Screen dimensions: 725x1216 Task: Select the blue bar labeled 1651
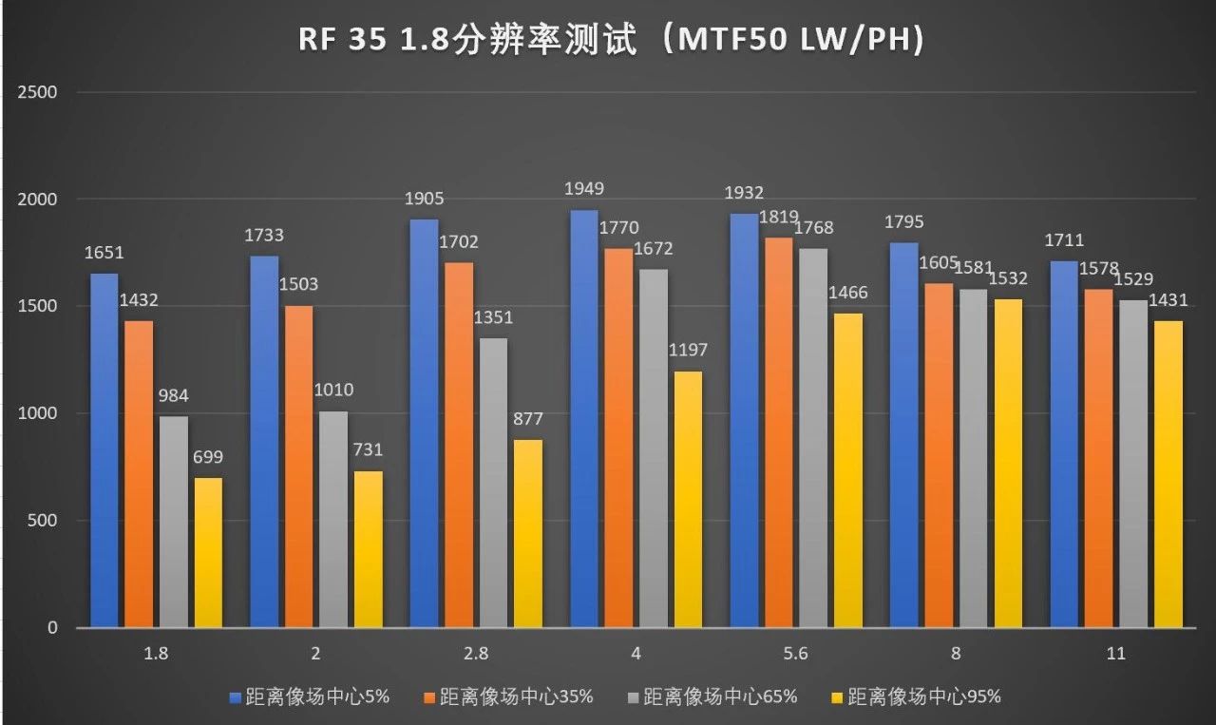tap(104, 450)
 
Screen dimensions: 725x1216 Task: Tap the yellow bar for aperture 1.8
tap(208, 552)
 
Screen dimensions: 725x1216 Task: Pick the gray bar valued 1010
tap(333, 519)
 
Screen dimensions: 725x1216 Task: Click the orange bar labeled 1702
tap(459, 445)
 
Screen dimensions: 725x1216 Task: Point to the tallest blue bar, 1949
tap(583, 418)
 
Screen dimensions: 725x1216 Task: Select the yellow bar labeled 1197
tap(688, 499)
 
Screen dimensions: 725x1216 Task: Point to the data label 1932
tap(744, 194)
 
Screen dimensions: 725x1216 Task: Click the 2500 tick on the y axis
tap(39, 92)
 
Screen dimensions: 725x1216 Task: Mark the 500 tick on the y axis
tap(44, 521)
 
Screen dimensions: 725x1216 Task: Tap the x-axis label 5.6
tap(795, 654)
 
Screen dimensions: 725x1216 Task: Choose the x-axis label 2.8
tap(475, 654)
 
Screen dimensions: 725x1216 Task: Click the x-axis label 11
tap(1115, 654)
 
